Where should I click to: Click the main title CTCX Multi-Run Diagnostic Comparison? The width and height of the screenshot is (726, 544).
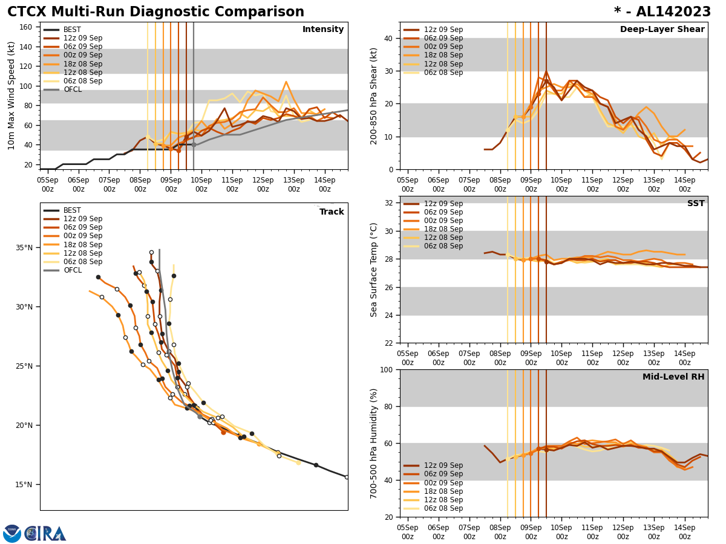[x=155, y=12]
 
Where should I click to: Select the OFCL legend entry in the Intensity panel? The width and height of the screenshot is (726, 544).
[x=72, y=89]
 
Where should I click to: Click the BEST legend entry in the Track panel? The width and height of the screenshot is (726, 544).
[x=72, y=210]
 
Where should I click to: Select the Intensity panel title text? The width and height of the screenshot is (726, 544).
[x=322, y=30]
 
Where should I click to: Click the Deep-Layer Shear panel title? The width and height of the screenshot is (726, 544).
[x=662, y=30]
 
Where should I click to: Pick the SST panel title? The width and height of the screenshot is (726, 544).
[x=695, y=204]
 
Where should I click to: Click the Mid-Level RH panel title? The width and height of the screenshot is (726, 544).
[x=673, y=377]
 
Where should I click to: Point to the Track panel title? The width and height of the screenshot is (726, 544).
[x=332, y=212]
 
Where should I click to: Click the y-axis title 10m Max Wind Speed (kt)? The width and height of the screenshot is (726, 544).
[x=12, y=96]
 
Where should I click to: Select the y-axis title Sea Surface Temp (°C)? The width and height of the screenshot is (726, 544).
[x=374, y=270]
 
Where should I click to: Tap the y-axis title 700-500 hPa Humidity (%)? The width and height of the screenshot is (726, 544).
[x=374, y=443]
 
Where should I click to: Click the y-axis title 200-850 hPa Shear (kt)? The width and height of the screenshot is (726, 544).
[x=374, y=96]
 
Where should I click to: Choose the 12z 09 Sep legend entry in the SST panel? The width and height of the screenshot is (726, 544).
[x=443, y=204]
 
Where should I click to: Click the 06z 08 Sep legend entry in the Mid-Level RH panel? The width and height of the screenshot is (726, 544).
[x=443, y=508]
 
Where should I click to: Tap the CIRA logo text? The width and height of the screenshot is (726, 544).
[x=45, y=534]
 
